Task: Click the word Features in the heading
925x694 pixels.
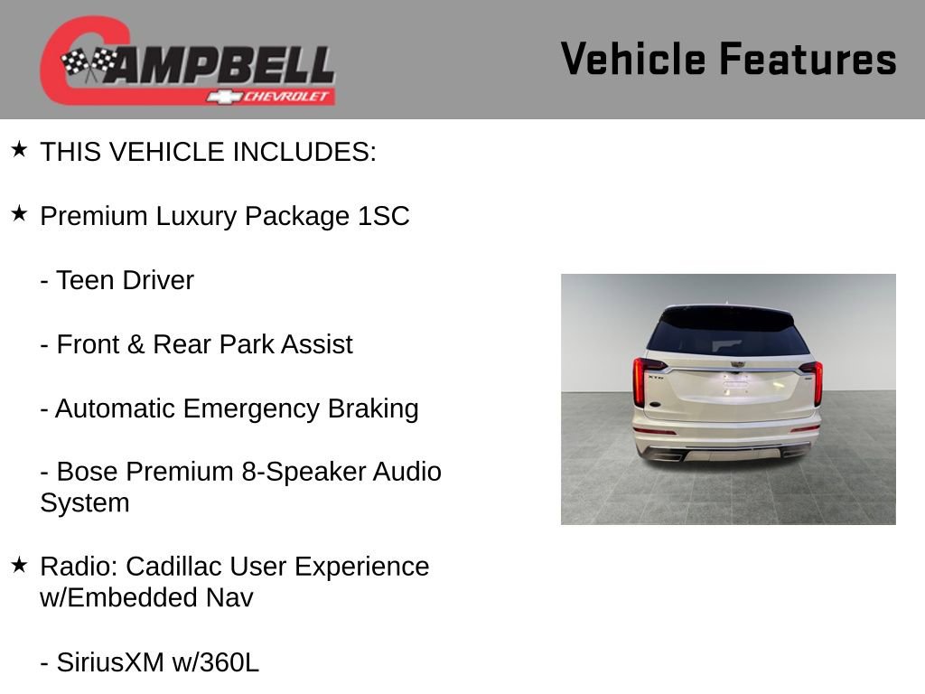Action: [808, 59]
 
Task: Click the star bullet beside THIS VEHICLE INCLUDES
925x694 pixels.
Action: [19, 149]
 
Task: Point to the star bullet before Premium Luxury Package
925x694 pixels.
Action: [19, 214]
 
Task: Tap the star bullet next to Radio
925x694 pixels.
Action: [19, 565]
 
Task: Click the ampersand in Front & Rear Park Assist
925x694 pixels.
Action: [135, 345]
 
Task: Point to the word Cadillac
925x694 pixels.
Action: [173, 567]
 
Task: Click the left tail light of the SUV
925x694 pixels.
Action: [640, 382]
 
